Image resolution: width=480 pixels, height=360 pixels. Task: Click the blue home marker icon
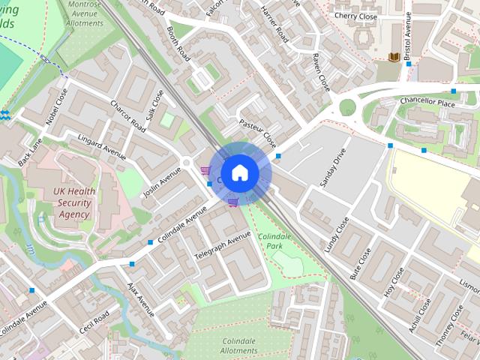click(x=239, y=173)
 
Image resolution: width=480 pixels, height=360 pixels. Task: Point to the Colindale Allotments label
click(x=239, y=345)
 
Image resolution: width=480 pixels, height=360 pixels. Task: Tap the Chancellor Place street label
click(x=427, y=102)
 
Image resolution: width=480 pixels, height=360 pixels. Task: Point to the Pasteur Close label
click(x=257, y=133)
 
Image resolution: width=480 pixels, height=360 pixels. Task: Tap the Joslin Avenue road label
click(x=162, y=184)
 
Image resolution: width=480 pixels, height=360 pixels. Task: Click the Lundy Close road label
click(x=337, y=233)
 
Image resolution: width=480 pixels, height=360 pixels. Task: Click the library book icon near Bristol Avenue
click(x=394, y=57)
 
